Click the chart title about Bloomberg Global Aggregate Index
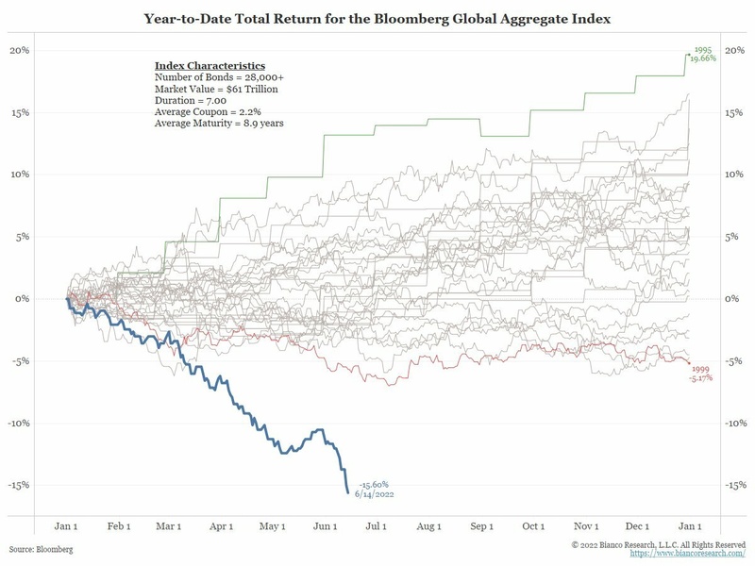[x=377, y=17]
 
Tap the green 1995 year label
[x=702, y=48]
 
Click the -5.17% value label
[x=700, y=378]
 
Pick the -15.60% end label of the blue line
[x=374, y=484]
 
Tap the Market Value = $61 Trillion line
[x=216, y=88]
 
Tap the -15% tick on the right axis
[x=733, y=485]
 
